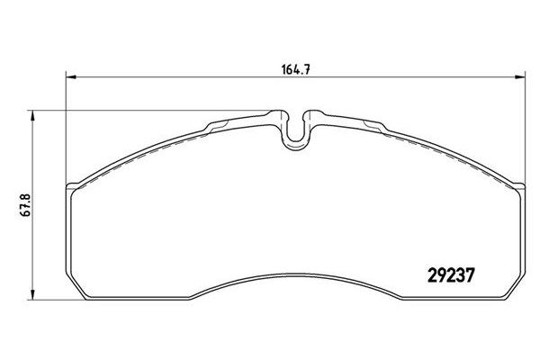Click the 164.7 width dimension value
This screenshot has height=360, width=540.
pyautogui.click(x=296, y=70)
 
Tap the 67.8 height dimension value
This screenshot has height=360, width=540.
pyautogui.click(x=26, y=205)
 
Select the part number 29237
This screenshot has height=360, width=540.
pyautogui.click(x=452, y=275)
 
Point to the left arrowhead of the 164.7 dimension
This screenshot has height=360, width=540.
pyautogui.click(x=70, y=77)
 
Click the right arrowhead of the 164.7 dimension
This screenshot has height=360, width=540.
pyautogui.click(x=520, y=77)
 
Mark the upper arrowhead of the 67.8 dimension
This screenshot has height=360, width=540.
pyautogui.click(x=32, y=116)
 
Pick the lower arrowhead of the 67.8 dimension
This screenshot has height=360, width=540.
pyautogui.click(x=32, y=294)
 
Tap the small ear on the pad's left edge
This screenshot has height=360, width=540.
pyautogui.click(x=72, y=186)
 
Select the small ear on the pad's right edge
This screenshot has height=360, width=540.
pyautogui.click(x=519, y=186)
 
